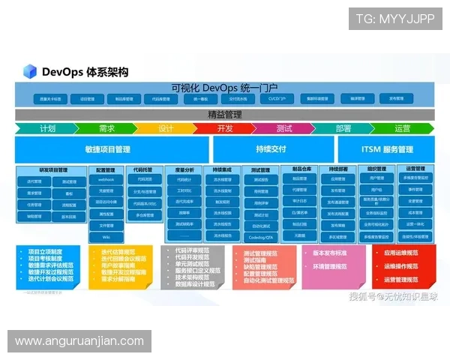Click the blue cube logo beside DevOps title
click(30, 72)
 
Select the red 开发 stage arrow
click(224, 128)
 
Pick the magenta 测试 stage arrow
click(283, 128)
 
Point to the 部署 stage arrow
click(343, 128)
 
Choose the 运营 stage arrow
click(402, 128)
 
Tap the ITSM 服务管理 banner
click(386, 149)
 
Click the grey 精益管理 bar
click(224, 115)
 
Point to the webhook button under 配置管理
click(106, 180)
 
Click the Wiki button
click(106, 237)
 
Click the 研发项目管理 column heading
click(53, 169)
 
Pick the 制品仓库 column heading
click(299, 169)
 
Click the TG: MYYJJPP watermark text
click(395, 19)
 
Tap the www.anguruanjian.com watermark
click(79, 341)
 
